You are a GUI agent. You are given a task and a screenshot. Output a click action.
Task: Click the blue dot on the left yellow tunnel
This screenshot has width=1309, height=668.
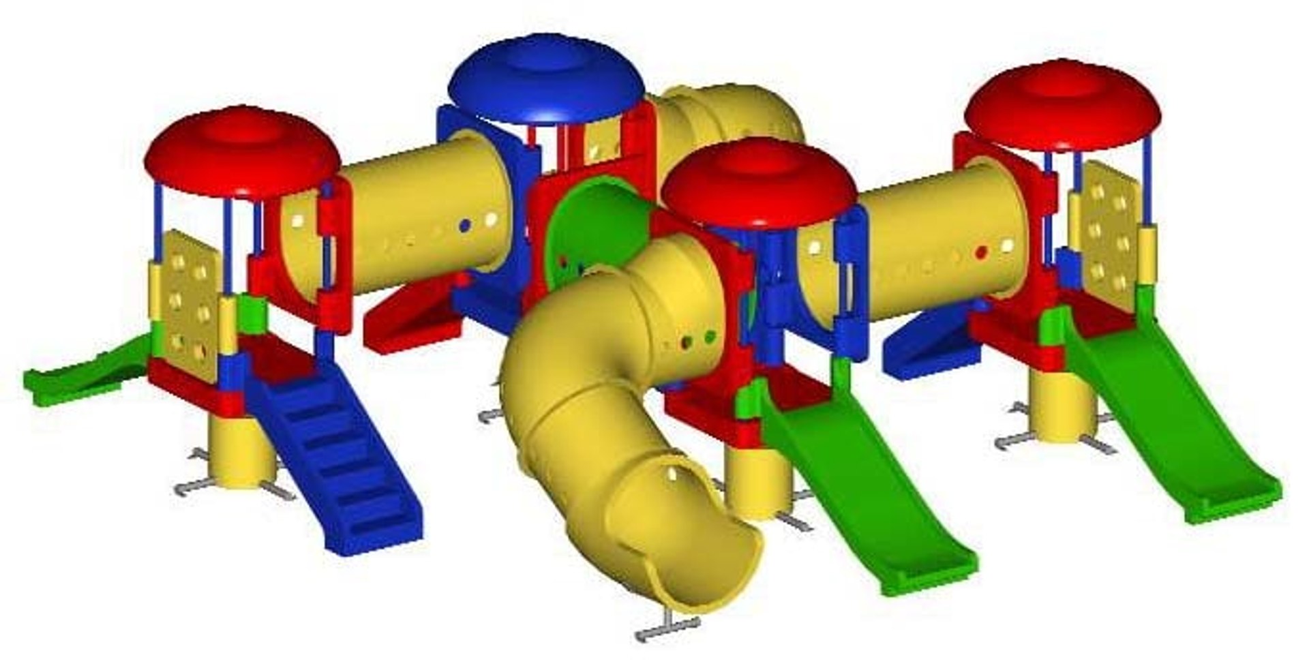pos(465,226)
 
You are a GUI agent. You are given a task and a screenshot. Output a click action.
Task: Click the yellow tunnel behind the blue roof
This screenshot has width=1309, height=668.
pos(729,116)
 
